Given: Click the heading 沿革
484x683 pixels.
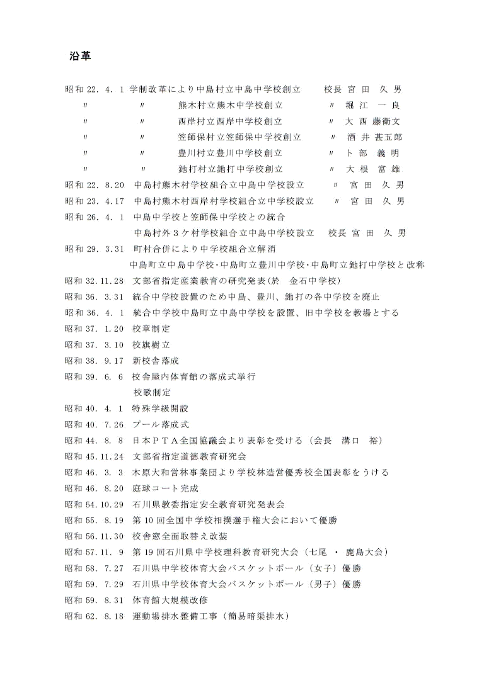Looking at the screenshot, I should pos(80,57).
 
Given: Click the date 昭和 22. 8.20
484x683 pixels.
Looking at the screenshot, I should pos(95,185).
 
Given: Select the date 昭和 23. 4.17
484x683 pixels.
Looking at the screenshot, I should pos(95,201).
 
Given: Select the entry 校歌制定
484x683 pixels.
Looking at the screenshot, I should pos(152,393).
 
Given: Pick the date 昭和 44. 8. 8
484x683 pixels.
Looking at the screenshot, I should pos(95,440).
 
